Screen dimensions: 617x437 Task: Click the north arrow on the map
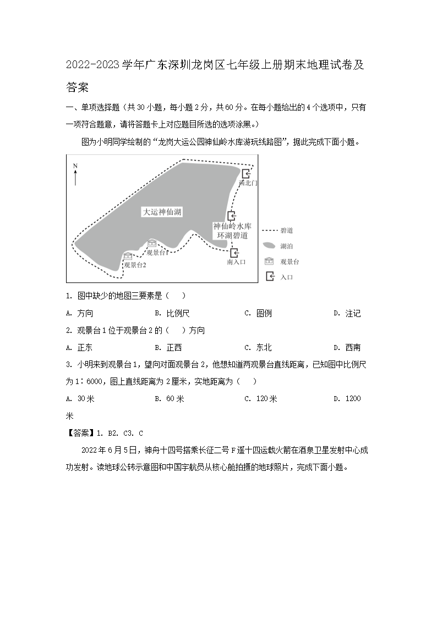75,176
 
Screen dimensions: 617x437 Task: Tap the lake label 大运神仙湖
162,212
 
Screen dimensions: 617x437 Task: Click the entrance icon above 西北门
245,174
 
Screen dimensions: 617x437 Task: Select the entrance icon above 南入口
235,253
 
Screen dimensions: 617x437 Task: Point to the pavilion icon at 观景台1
152,243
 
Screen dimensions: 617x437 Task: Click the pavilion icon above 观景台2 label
128,255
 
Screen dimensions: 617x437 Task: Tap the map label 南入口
236,263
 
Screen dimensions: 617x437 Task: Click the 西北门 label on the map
248,183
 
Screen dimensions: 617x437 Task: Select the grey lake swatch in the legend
269,246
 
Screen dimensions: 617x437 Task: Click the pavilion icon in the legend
270,262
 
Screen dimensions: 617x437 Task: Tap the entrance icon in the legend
270,277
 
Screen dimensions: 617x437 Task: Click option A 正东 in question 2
84,347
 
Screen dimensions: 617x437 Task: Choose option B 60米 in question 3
176,398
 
